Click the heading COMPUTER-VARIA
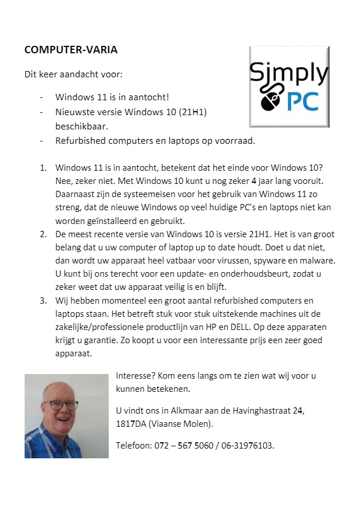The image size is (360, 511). (71, 50)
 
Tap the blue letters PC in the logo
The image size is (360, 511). (303, 100)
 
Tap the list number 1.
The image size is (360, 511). (43, 168)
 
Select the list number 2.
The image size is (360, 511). (43, 234)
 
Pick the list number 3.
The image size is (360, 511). (43, 301)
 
